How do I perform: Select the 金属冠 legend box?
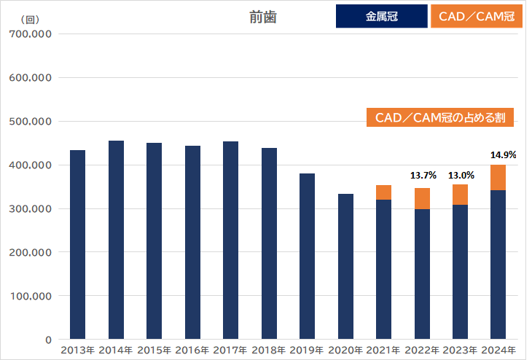(381, 17)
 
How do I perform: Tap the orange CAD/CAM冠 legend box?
(477, 17)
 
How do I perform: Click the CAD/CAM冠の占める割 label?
(440, 117)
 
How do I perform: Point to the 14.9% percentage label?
(503, 154)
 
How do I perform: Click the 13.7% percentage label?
(423, 176)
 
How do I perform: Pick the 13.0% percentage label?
(461, 176)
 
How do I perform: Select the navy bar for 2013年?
(77, 245)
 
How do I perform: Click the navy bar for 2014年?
(116, 240)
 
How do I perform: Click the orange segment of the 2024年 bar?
(498, 178)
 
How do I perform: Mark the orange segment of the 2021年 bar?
(383, 192)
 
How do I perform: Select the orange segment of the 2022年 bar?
(422, 198)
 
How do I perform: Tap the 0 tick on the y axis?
(47, 340)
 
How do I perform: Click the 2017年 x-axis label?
(230, 351)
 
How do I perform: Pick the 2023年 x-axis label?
(460, 351)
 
